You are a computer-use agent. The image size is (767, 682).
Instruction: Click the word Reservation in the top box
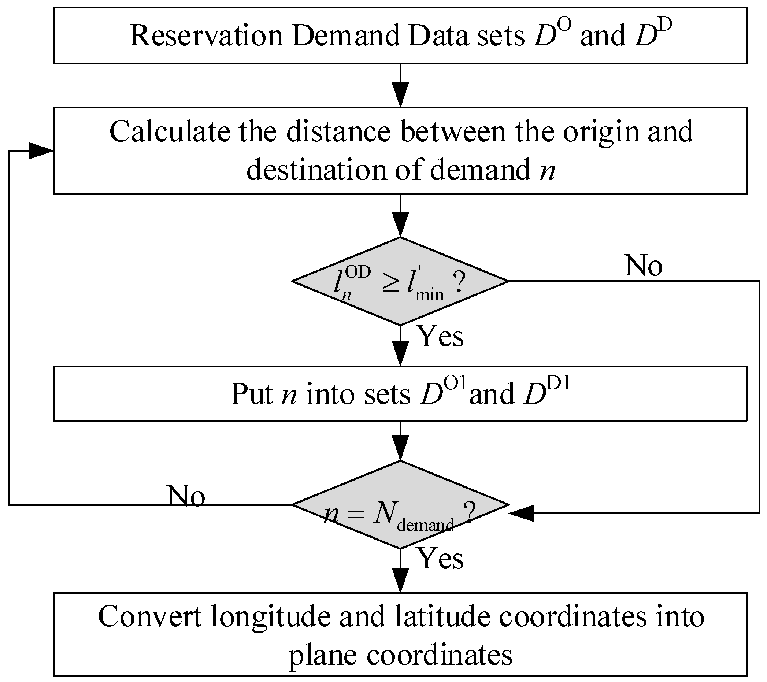tap(206, 36)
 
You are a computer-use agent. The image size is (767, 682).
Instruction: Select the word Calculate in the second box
tap(169, 132)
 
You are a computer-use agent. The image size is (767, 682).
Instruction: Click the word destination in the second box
tap(316, 170)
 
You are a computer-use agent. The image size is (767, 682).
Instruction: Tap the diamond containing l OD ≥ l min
tap(400, 281)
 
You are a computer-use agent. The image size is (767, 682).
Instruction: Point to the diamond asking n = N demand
tap(400, 505)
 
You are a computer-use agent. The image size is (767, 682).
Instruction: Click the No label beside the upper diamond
tap(644, 266)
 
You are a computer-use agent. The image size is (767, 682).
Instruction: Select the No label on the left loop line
tap(186, 496)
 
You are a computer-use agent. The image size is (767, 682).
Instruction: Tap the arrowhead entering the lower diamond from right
tap(522, 513)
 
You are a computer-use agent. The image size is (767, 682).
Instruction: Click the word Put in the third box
tap(251, 394)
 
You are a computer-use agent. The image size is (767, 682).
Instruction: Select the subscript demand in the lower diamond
tap(425, 525)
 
